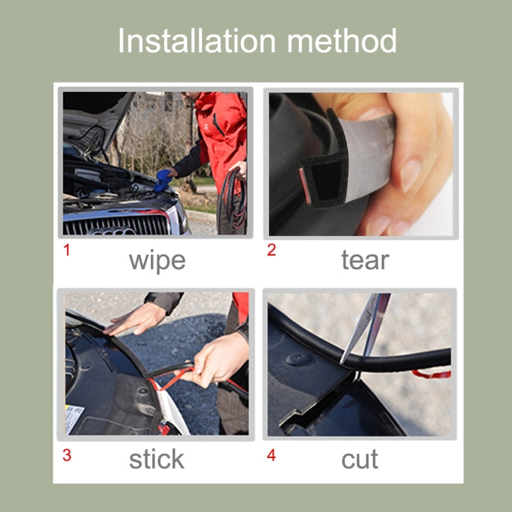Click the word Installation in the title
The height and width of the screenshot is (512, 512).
point(197,41)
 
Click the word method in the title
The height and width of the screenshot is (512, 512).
point(341,41)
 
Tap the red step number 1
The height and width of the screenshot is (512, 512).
point(66,250)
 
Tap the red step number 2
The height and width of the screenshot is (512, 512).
point(271,250)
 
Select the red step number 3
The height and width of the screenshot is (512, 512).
point(66,455)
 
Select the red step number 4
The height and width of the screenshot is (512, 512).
point(271,455)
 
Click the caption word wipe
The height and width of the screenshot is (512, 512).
point(156,261)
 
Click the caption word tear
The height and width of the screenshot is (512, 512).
point(365,261)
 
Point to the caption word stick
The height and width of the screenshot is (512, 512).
point(156,459)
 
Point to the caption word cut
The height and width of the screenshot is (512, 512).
point(360,459)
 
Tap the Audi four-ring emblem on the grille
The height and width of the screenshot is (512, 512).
point(113,231)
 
